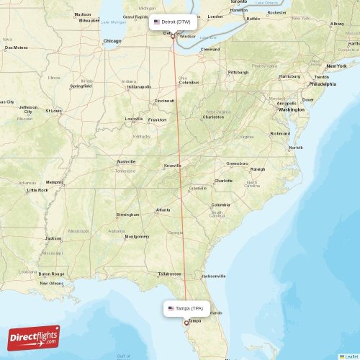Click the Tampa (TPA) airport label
point(188,308)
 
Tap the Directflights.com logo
point(34,337)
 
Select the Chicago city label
point(112,41)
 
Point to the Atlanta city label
point(163,210)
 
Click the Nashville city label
point(126,161)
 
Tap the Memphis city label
point(54,182)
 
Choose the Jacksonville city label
point(214,276)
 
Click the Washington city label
point(291,109)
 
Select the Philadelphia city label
point(322,84)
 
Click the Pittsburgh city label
point(238,73)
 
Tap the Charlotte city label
point(223,181)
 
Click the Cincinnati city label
point(163,101)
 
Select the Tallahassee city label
point(170,274)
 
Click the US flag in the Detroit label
point(157,22)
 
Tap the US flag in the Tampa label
point(171,308)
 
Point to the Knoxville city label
point(173,165)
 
